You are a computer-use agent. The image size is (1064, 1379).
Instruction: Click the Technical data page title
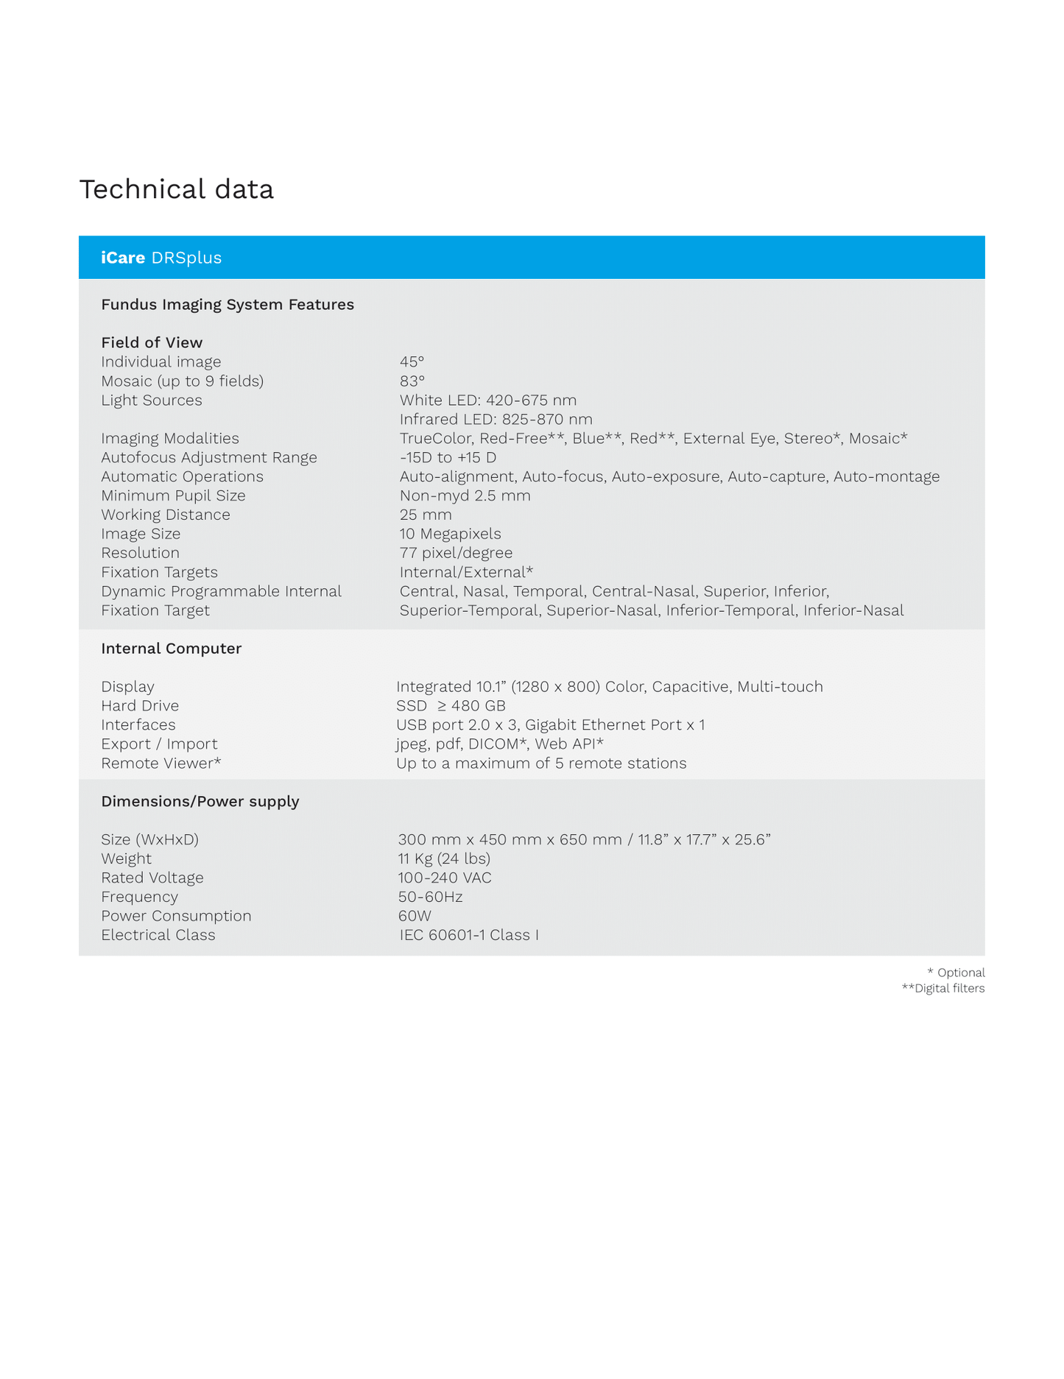coord(176,189)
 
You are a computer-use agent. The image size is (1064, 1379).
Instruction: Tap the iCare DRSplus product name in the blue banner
coord(161,258)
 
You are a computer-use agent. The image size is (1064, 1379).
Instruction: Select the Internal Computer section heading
coord(171,649)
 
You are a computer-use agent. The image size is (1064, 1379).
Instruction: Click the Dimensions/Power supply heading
coord(200,801)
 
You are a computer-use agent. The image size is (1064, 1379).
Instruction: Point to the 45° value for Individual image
coord(412,361)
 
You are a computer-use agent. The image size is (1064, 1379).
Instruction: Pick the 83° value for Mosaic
coord(412,381)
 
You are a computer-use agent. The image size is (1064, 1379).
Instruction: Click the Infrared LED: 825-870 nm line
coord(496,419)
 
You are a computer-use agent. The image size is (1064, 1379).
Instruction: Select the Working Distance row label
coord(165,515)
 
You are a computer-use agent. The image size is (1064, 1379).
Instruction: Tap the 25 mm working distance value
coord(426,515)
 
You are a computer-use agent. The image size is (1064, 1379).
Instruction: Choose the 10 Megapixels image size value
coord(450,534)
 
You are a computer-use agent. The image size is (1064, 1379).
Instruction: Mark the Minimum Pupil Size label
coord(173,495)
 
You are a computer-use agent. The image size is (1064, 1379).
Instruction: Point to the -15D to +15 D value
coord(448,457)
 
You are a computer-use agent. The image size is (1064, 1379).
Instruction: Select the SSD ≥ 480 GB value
coord(451,705)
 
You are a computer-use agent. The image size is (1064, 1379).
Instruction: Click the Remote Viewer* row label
coord(161,763)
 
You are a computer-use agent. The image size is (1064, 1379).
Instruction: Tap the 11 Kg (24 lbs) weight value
coord(444,858)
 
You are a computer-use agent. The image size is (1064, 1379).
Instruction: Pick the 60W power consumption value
coord(415,916)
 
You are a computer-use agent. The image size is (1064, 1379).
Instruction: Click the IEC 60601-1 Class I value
coord(469,935)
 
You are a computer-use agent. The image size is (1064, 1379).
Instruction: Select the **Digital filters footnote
coord(943,988)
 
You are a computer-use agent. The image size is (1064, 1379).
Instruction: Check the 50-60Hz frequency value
coord(430,897)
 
